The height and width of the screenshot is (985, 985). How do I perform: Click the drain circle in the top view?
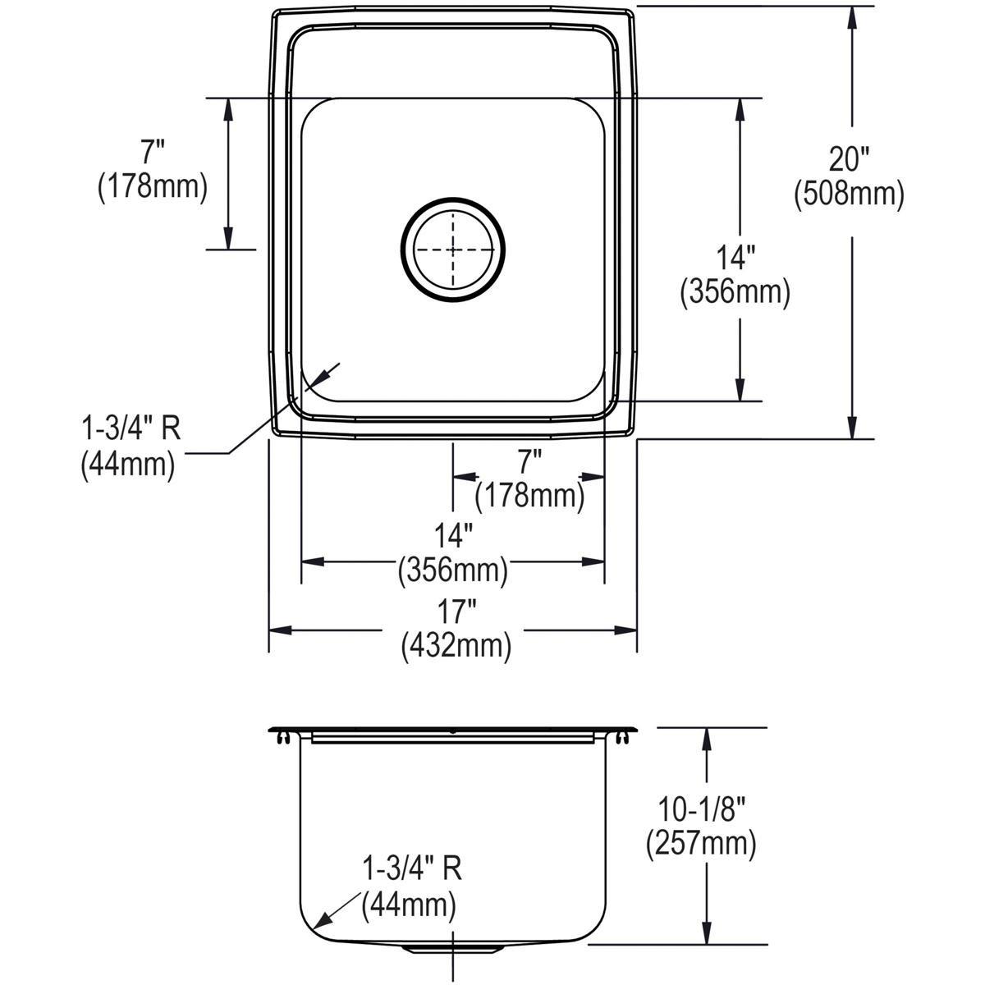click(452, 249)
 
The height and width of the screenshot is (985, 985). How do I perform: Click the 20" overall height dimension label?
click(850, 157)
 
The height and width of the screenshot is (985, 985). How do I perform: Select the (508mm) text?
click(849, 194)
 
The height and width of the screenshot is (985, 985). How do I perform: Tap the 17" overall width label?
click(456, 612)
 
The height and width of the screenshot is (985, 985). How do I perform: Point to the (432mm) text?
click(456, 647)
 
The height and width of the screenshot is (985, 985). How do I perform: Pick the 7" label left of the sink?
click(151, 151)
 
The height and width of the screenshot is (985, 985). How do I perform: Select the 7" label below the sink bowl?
click(529, 460)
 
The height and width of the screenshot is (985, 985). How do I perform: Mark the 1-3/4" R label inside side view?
click(412, 868)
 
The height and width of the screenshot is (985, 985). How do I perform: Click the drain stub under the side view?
click(452, 951)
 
